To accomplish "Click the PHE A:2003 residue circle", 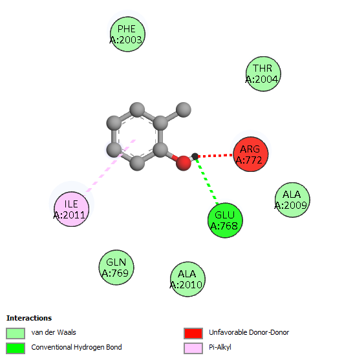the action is pyautogui.click(x=127, y=34).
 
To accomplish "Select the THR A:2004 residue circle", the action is pyautogui.click(x=263, y=74).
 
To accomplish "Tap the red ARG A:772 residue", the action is pyautogui.click(x=251, y=154).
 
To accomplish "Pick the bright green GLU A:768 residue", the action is pyautogui.click(x=225, y=220).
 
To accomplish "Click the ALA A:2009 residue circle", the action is pyautogui.click(x=292, y=200).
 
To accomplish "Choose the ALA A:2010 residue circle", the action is pyautogui.click(x=187, y=279).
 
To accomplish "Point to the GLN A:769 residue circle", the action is pyautogui.click(x=116, y=268).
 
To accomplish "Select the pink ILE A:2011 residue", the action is pyautogui.click(x=72, y=209).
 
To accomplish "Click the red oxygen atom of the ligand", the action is pyautogui.click(x=184, y=163).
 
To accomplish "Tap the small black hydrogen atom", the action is pyautogui.click(x=195, y=156).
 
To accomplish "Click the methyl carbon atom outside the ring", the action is pyautogui.click(x=184, y=110).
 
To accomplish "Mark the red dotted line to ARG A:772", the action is pyautogui.click(x=215, y=156).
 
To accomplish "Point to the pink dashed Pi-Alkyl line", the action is pyautogui.click(x=110, y=165).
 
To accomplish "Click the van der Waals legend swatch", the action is pyautogui.click(x=16, y=334).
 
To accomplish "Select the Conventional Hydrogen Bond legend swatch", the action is pyautogui.click(x=16, y=348).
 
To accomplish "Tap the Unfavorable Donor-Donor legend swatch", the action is pyautogui.click(x=193, y=334).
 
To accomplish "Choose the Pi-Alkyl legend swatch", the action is pyautogui.click(x=193, y=348).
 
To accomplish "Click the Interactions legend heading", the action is pyautogui.click(x=29, y=318).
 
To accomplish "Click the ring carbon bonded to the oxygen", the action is pyautogui.click(x=160, y=150).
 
